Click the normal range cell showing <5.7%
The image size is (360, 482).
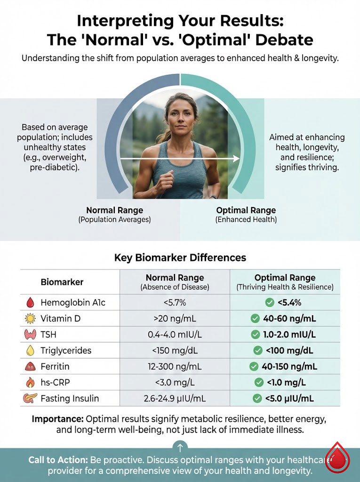[x=175, y=303]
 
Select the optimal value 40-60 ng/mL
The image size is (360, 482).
[x=289, y=319]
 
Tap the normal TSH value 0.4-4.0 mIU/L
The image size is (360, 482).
[x=175, y=335]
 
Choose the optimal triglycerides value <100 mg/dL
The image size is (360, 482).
[x=289, y=351]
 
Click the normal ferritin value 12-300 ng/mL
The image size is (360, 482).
[x=175, y=367]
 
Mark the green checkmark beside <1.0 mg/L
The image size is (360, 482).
[x=258, y=383]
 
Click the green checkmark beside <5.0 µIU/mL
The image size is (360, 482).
[x=257, y=399]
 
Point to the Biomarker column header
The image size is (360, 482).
[x=62, y=282]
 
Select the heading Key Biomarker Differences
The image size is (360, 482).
[x=180, y=258]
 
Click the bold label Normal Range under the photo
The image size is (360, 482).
[x=114, y=210]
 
